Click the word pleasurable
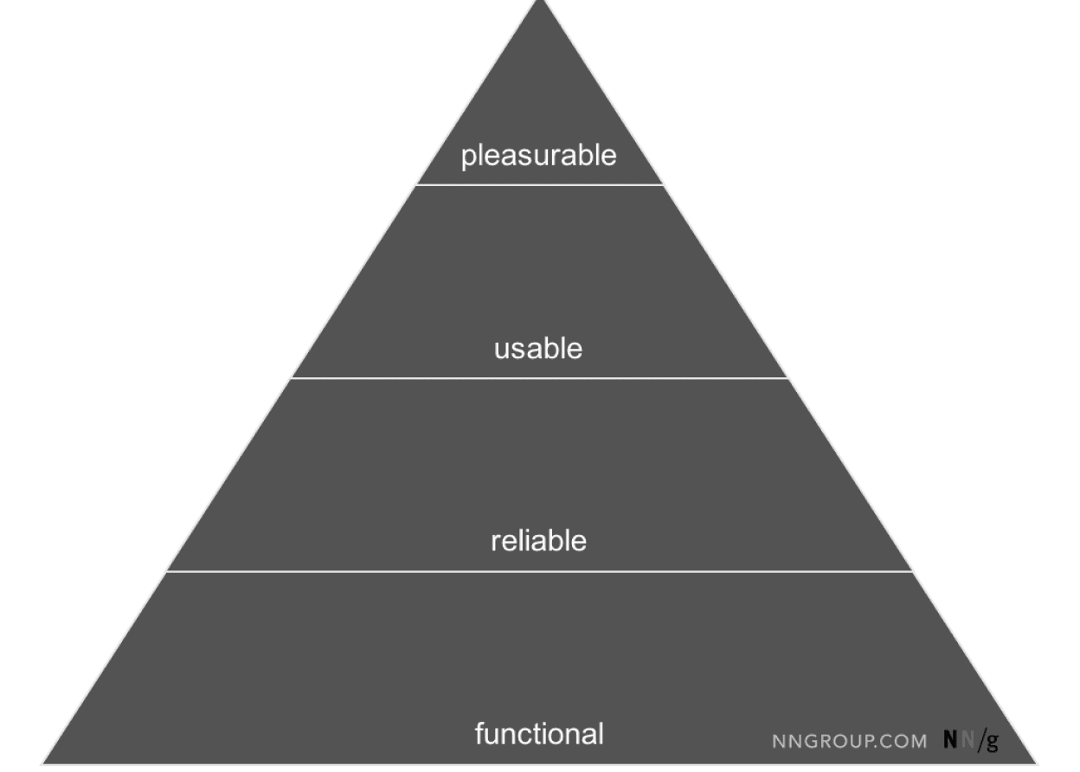pyautogui.click(x=538, y=156)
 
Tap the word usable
pyautogui.click(x=538, y=349)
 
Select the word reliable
pyautogui.click(x=538, y=541)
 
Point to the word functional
pyautogui.click(x=538, y=733)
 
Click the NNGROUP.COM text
pyautogui.click(x=850, y=741)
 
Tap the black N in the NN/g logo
pyautogui.click(x=950, y=740)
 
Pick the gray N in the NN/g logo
pyautogui.click(x=967, y=740)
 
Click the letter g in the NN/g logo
pyautogui.click(x=992, y=742)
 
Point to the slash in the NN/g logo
pyautogui.click(x=980, y=740)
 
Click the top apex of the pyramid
pyautogui.click(x=542, y=3)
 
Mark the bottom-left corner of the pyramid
pyautogui.click(x=42, y=765)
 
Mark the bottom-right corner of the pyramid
pyautogui.click(x=1038, y=765)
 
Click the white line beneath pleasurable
pyautogui.click(x=540, y=184)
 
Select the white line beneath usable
pyautogui.click(x=540, y=378)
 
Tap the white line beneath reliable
pyautogui.click(x=540, y=571)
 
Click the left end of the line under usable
pyautogui.click(x=292, y=378)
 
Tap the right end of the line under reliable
pyautogui.click(x=914, y=571)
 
